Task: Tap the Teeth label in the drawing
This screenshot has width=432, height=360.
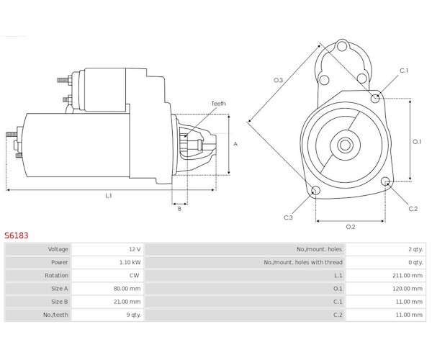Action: tap(217, 104)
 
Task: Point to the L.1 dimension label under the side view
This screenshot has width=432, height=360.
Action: tap(108, 196)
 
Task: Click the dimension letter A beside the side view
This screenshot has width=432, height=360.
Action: tap(235, 144)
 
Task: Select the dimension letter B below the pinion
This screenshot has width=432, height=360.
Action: tap(179, 209)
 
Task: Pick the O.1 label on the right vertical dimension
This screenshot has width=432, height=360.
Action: tap(416, 141)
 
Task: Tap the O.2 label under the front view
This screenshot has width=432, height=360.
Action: tap(350, 227)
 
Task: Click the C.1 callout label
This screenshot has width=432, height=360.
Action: tap(404, 71)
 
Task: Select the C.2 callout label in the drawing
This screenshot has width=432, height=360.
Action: tap(413, 209)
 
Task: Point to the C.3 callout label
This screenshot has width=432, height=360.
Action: tap(288, 217)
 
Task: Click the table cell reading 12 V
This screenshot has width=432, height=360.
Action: tap(134, 249)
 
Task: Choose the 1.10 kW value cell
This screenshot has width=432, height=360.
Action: tap(130, 262)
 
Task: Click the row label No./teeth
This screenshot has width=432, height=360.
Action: tap(56, 314)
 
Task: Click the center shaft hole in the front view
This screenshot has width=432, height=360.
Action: tap(344, 144)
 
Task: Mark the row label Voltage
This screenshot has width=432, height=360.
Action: tap(58, 249)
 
